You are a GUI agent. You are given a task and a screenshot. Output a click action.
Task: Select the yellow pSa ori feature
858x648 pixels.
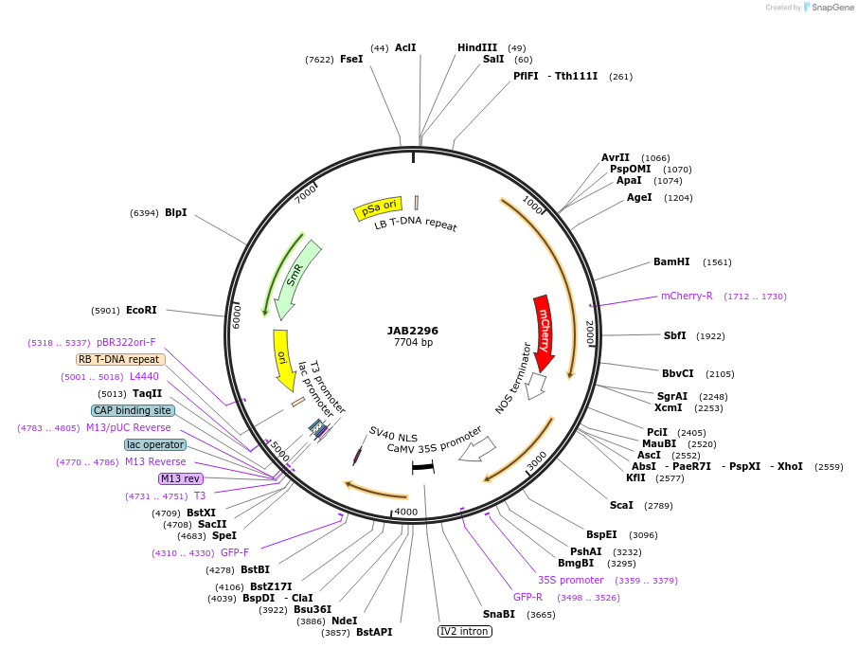coord(378,208)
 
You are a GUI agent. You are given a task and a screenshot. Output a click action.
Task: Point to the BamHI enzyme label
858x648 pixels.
coord(671,262)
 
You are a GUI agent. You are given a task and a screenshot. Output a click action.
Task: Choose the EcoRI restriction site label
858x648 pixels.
coord(141,310)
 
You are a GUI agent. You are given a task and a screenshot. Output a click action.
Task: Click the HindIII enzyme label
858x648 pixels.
coord(477,47)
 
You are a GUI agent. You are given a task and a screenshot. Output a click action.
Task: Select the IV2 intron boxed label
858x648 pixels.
coord(465,631)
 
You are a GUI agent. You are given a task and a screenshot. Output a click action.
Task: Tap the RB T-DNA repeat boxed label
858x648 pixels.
coord(120,359)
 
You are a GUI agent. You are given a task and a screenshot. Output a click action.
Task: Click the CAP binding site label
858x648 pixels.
coord(133,410)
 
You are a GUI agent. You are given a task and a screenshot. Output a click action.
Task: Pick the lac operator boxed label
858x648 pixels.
coord(155,444)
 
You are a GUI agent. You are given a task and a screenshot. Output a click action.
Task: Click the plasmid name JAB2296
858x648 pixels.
coord(413,331)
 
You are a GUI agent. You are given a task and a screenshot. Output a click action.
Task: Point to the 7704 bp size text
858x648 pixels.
coord(413,343)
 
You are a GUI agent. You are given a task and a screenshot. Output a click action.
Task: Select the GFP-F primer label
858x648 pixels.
coord(235,552)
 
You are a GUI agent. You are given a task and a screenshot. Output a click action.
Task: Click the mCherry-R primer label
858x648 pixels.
coord(687,296)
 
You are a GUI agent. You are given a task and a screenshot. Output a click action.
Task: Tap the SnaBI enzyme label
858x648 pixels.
coord(499,614)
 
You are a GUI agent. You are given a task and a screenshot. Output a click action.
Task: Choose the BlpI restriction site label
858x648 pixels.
coord(176,213)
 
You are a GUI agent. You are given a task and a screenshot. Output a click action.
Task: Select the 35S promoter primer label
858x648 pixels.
coord(570,580)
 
